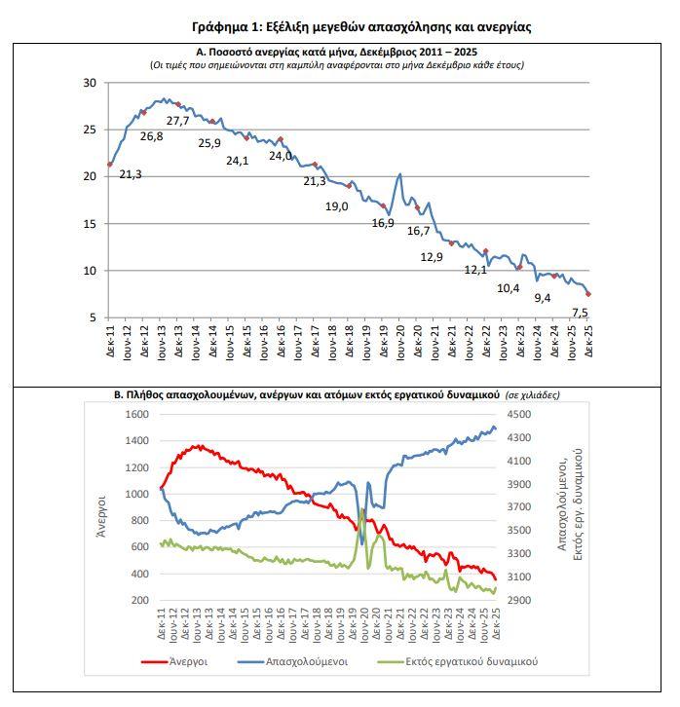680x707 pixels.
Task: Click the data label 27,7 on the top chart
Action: [178, 121]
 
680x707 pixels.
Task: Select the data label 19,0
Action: [336, 206]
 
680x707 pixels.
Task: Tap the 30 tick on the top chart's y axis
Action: [89, 83]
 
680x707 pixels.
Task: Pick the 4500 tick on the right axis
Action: [521, 414]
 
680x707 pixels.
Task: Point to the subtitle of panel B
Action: [307, 395]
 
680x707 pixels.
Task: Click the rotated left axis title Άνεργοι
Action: [100, 506]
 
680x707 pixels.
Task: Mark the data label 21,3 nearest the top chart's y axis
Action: [131, 174]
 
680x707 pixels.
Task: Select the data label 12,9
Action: [432, 257]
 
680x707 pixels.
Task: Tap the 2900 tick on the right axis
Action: [521, 600]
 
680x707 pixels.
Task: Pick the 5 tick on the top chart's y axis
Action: [93, 317]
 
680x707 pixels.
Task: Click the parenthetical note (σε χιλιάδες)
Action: [532, 395]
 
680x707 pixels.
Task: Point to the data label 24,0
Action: [280, 155]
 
